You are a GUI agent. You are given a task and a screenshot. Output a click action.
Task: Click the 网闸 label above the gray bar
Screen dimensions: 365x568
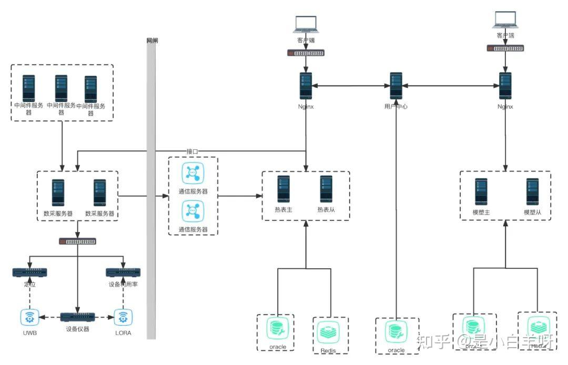pos(152,40)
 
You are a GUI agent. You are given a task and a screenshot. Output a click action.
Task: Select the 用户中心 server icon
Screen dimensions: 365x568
pos(396,85)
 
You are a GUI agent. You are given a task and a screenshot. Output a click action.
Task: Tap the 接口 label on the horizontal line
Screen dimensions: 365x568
pos(192,151)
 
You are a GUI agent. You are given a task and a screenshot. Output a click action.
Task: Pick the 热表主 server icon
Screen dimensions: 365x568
pos(284,189)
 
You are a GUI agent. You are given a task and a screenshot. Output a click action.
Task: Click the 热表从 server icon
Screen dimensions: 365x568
pos(326,189)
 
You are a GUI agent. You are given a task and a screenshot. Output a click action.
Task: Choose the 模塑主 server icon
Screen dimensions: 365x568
pos(481,191)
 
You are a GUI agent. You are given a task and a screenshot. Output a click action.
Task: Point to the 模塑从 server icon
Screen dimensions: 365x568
pos(533,191)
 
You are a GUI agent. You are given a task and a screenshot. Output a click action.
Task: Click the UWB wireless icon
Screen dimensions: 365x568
pos(29,317)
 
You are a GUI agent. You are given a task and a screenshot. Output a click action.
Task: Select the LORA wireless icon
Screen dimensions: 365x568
pos(123,317)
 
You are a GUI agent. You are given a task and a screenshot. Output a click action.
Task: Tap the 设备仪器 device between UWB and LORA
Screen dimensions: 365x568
pos(77,317)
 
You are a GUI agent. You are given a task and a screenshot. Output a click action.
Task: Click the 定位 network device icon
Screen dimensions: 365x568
pos(29,272)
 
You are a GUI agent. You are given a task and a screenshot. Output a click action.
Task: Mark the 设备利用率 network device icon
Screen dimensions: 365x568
pos(123,272)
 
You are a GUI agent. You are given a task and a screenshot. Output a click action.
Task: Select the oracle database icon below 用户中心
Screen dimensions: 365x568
pos(396,332)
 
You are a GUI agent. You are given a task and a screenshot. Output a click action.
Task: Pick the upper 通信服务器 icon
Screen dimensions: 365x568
pos(192,173)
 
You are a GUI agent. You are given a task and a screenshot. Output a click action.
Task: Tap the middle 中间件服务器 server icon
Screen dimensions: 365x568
pos(61,88)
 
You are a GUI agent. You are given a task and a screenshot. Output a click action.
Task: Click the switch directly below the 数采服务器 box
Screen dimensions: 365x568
pos(77,241)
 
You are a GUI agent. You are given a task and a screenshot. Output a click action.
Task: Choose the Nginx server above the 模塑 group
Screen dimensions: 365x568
pos(505,85)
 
